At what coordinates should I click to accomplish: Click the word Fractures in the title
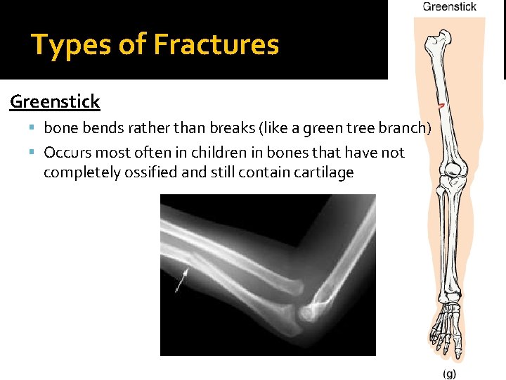pos(216,45)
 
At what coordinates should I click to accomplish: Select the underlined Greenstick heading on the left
pos(55,102)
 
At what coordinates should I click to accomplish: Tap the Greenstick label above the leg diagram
pos(449,7)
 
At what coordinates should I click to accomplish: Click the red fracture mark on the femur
pos(441,105)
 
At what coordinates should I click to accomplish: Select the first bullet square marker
pos(34,128)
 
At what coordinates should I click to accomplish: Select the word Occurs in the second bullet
pos(68,153)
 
